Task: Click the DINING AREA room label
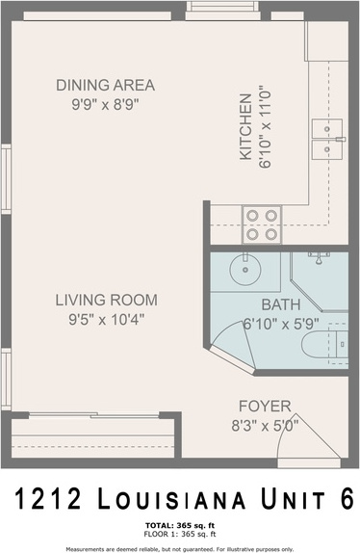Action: coord(105,86)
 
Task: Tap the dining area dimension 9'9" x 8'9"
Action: coord(105,104)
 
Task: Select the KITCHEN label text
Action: coord(245,126)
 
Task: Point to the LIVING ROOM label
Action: coord(107,301)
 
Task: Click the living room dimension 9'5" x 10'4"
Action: coord(107,320)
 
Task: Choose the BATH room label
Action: coord(281,304)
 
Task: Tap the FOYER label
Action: coord(265,407)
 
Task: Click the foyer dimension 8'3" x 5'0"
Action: coord(265,426)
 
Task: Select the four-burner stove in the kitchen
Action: coord(262,225)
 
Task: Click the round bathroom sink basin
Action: coord(245,270)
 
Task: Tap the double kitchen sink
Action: coord(327,139)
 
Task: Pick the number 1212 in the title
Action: coord(48,499)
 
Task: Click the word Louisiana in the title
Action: coord(171,499)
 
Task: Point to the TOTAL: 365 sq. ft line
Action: coord(180,526)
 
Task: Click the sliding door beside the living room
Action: coord(93,415)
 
